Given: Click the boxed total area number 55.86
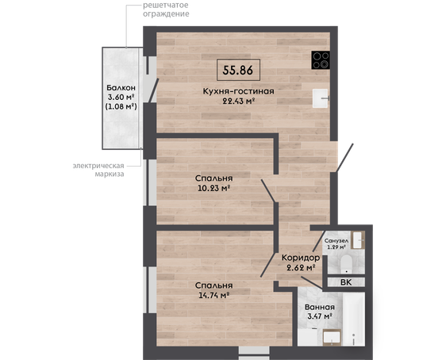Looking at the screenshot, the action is click(x=238, y=70).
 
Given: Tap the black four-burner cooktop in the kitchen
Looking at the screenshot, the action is click(x=321, y=60).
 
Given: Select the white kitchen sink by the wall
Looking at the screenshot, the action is click(x=321, y=98).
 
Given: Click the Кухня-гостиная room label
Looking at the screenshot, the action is click(x=238, y=91).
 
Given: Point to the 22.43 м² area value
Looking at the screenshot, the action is click(x=238, y=101).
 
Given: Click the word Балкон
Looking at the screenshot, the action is click(x=121, y=87).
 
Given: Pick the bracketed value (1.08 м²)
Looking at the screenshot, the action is click(x=121, y=106).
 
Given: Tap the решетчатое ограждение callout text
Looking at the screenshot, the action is click(x=166, y=10).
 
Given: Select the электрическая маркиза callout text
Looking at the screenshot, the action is click(x=98, y=170).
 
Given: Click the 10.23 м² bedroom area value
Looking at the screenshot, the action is click(x=214, y=188).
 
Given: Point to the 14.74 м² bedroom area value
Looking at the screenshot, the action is click(x=214, y=295).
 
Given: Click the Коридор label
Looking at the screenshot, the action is click(x=301, y=258).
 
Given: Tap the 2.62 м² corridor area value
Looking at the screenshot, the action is click(x=301, y=268).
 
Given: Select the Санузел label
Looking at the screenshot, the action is click(x=336, y=241).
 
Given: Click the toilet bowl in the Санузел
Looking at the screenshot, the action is click(x=346, y=263).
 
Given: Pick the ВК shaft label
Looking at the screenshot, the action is click(x=346, y=282).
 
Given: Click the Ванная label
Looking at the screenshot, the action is click(x=320, y=307).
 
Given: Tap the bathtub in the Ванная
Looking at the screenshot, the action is click(x=354, y=319).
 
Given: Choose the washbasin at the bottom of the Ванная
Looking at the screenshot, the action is click(x=332, y=338).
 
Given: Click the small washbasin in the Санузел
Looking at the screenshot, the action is click(x=358, y=240).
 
